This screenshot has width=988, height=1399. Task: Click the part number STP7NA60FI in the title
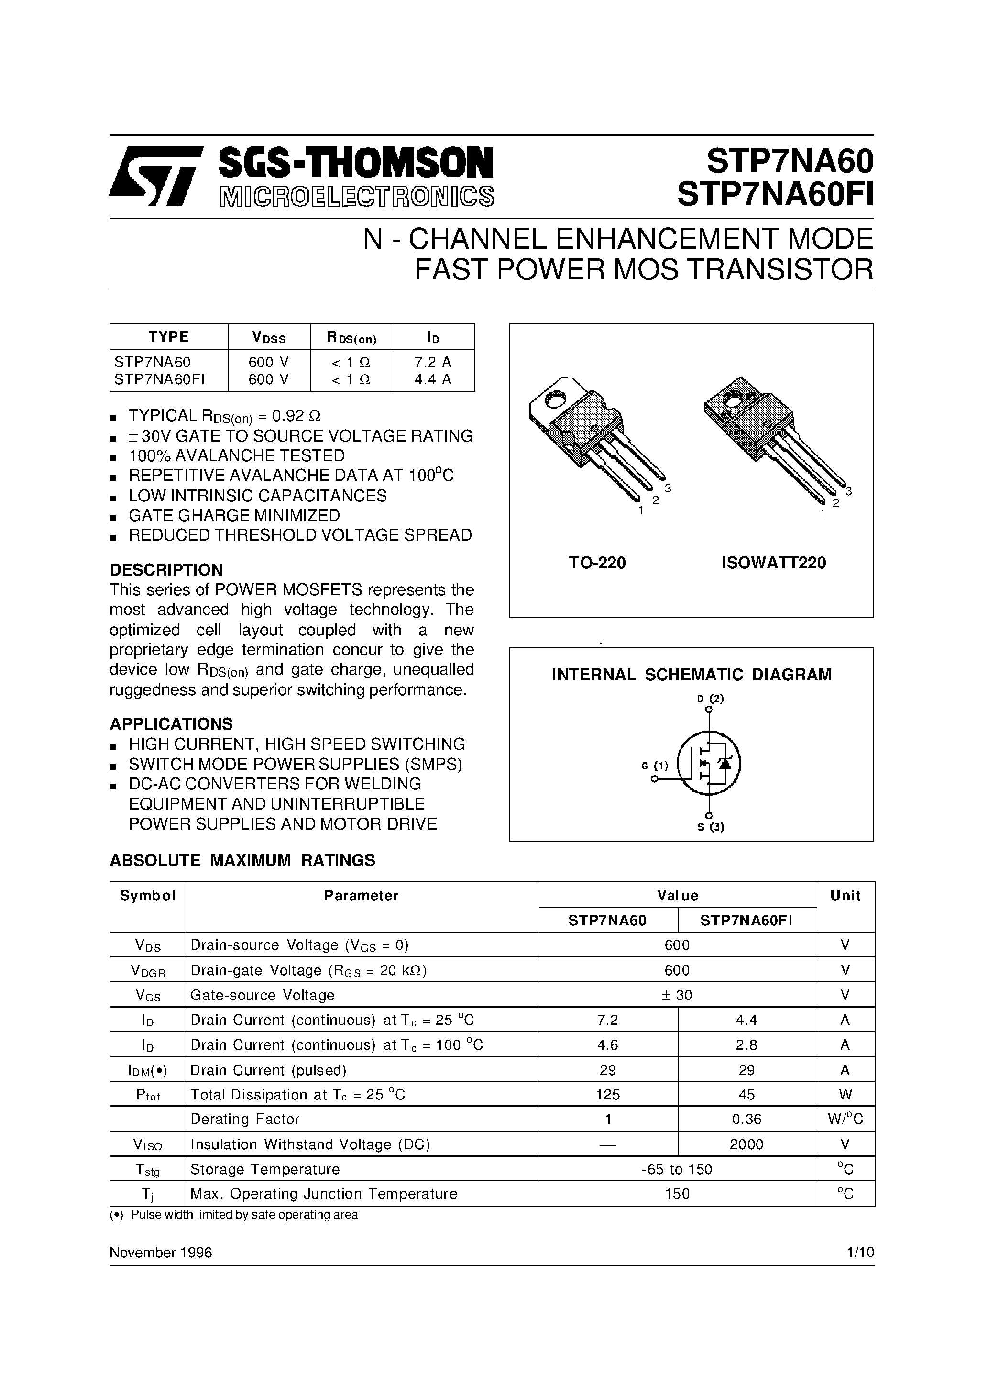point(775,195)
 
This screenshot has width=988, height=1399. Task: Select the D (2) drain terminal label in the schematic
point(710,699)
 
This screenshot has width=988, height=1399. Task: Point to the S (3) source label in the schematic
point(710,827)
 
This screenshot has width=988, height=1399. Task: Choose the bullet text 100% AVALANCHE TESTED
point(236,456)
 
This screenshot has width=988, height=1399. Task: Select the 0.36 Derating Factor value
point(746,1119)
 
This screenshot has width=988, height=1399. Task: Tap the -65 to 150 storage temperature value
point(677,1169)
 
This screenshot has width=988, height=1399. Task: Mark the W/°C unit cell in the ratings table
point(845,1119)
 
